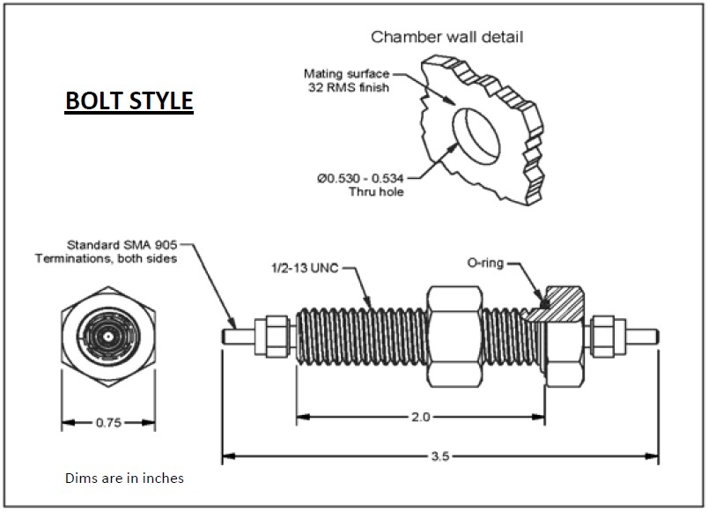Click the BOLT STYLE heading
[x=129, y=100]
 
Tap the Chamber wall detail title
[x=447, y=37]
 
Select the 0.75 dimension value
[x=109, y=423]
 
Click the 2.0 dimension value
[x=420, y=417]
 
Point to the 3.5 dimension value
[x=440, y=456]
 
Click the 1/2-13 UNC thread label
[x=305, y=268]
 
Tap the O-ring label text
[x=485, y=263]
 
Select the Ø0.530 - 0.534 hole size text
[x=360, y=179]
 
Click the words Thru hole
[x=376, y=191]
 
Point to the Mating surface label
[x=346, y=74]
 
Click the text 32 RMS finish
[x=348, y=87]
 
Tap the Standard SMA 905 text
[x=122, y=245]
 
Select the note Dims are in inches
[x=125, y=479]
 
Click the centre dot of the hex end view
[x=108, y=337]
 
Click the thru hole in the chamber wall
[x=476, y=137]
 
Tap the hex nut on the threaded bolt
[x=454, y=337]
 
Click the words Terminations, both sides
[x=106, y=258]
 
